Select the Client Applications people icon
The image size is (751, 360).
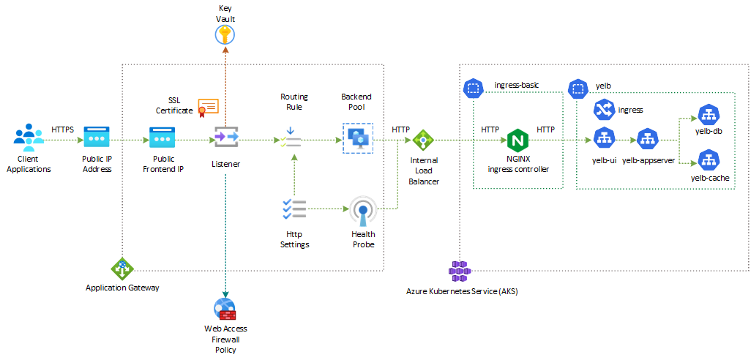pos(29,137)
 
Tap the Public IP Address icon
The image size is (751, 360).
pos(97,137)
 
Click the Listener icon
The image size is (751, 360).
pos(225,137)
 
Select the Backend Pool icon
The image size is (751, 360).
pos(357,138)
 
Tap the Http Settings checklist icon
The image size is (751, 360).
pos(294,209)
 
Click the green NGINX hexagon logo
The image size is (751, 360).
pos(518,140)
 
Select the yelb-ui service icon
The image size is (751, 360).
pos(603,138)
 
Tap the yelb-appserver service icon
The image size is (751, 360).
pos(647,138)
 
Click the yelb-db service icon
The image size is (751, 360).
pos(708,115)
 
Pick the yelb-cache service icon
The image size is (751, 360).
pos(708,160)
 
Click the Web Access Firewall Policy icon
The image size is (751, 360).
pos(225,308)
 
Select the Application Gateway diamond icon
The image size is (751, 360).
pos(122,269)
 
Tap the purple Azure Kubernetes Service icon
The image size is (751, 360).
pos(459,271)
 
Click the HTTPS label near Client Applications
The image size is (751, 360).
pos(63,130)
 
